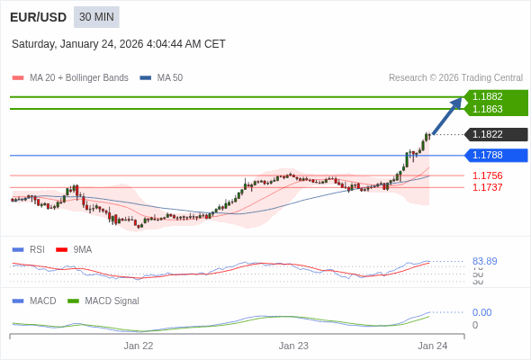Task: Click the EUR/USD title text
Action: [38, 17]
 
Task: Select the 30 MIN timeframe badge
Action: [96, 17]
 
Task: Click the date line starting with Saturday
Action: [119, 44]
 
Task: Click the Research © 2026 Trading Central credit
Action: [455, 78]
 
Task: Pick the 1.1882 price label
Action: [488, 96]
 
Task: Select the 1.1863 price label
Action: [488, 109]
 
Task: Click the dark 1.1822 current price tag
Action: [488, 135]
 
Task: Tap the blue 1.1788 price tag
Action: [488, 155]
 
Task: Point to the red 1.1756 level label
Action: [488, 175]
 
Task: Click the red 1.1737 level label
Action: [488, 187]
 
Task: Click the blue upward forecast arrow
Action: [447, 116]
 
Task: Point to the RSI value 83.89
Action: [485, 261]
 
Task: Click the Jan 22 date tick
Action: [139, 346]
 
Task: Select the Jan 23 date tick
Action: [293, 346]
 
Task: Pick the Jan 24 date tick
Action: [432, 346]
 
